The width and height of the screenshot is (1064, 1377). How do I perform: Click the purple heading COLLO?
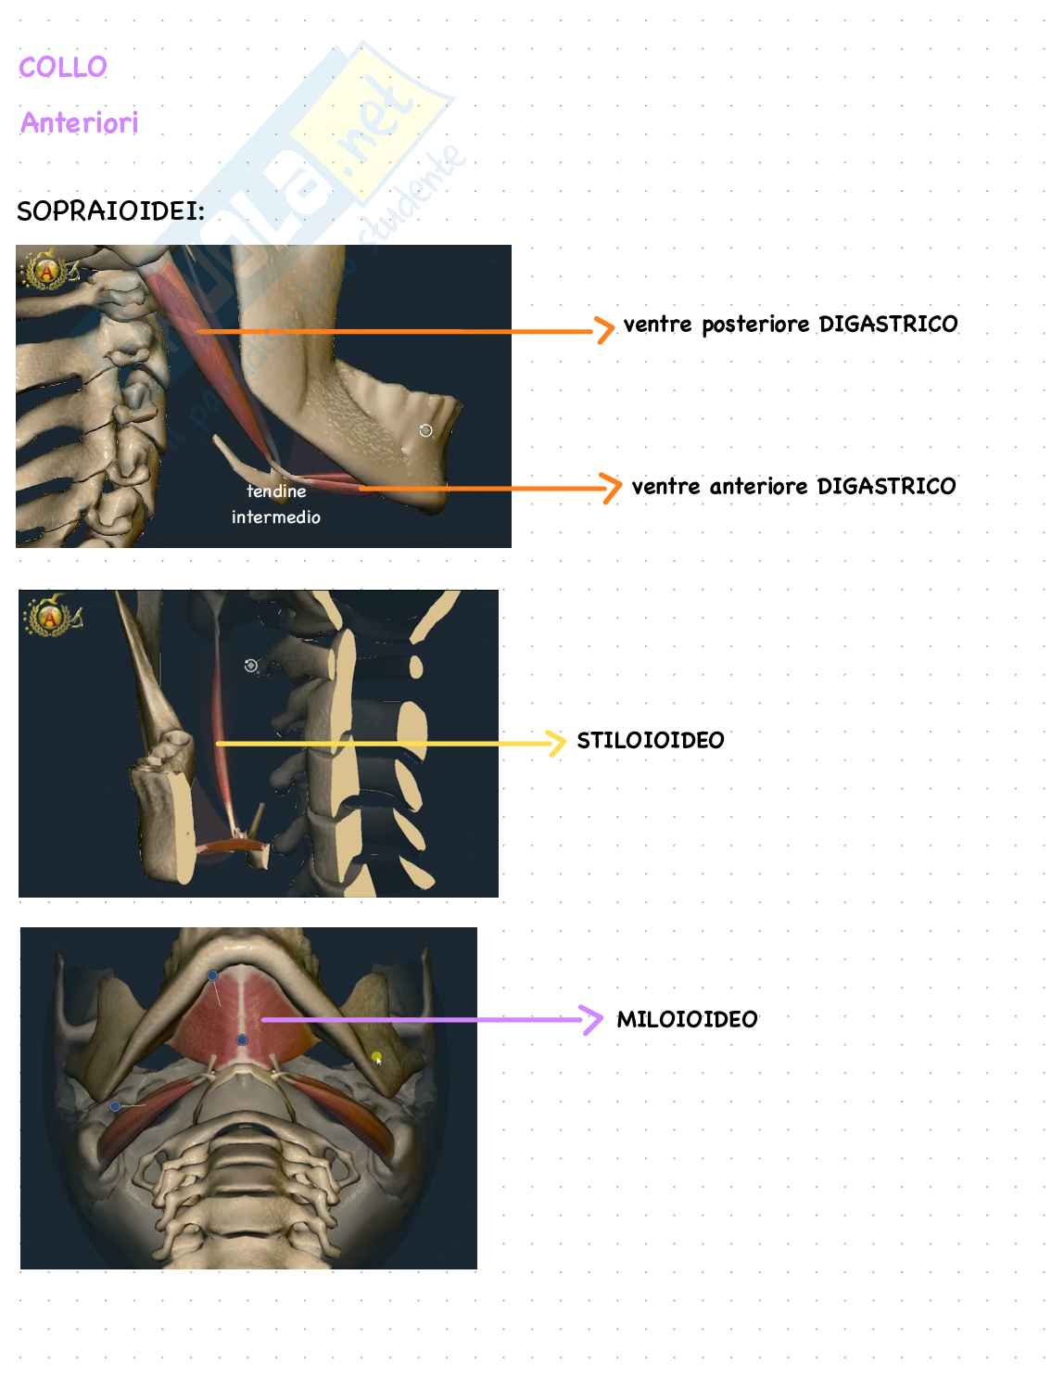[63, 67]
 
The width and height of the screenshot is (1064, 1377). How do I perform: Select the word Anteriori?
[79, 122]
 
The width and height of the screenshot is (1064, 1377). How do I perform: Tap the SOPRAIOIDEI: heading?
[110, 211]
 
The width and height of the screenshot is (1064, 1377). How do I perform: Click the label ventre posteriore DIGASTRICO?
[791, 325]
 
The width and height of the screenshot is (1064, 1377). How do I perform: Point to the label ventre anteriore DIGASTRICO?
[793, 486]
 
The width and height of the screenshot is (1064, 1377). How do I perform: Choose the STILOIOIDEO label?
[651, 740]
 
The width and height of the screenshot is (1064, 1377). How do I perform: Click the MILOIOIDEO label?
[687, 1019]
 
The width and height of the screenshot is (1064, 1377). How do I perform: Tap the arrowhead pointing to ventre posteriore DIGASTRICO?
[604, 329]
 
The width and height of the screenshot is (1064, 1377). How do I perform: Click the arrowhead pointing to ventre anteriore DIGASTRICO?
[611, 487]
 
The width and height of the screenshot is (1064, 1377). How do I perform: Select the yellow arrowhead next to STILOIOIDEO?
[556, 743]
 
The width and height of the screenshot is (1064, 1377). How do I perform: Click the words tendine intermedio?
[276, 504]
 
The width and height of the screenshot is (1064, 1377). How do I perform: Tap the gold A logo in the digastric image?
[45, 271]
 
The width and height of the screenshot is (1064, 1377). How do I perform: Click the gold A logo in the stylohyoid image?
[45, 615]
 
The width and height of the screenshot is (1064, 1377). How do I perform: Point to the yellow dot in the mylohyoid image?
[376, 1056]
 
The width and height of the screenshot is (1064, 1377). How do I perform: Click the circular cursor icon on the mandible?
[425, 430]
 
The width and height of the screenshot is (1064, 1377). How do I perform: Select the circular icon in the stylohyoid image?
[250, 665]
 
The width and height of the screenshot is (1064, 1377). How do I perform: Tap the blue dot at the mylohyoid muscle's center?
[242, 1040]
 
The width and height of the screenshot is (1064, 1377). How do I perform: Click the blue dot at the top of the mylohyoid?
[212, 975]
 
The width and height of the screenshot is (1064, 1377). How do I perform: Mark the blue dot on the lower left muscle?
[115, 1106]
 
